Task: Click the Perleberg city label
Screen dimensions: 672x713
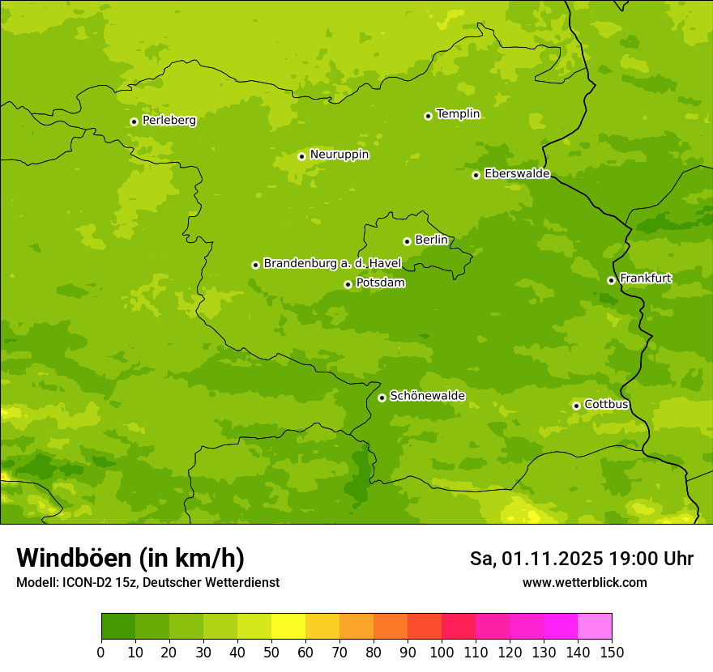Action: pos(169,121)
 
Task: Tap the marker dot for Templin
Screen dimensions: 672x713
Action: pos(428,116)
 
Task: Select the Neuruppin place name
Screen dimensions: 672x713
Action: pos(339,155)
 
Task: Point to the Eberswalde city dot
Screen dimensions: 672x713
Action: pos(476,175)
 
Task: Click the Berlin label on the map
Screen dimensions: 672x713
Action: pos(431,240)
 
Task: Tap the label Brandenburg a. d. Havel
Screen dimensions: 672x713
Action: pos(332,264)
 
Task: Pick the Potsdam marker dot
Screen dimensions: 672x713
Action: pos(348,284)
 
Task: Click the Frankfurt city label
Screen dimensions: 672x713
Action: pos(645,279)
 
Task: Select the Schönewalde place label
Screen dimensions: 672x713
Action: pos(427,396)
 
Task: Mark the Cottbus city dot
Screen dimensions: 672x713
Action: pos(576,406)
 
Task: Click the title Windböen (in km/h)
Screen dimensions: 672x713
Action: pos(130,558)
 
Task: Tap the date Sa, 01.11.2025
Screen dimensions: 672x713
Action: pos(536,559)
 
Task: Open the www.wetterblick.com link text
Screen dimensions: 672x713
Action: pos(584,583)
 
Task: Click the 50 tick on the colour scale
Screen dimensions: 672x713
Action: pos(271,652)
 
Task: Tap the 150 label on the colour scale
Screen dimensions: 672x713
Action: pos(612,652)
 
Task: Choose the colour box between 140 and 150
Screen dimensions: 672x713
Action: pos(595,627)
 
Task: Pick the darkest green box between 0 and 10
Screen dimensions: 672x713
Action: pos(118,627)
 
